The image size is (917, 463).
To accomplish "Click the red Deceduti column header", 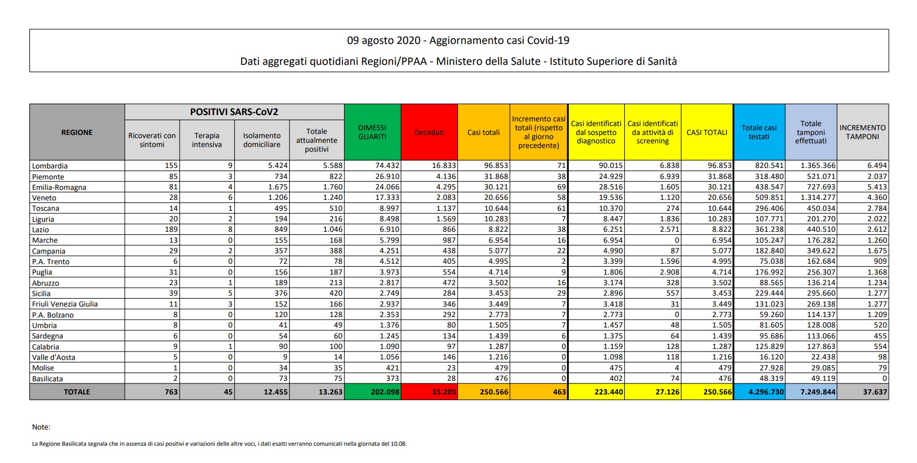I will point(429,132).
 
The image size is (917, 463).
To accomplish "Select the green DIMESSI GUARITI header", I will point(372,132).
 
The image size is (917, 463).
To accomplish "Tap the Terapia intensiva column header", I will point(207,140).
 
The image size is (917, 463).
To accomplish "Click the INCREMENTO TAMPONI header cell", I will point(863,132).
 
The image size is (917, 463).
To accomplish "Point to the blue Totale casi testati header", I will point(759,132).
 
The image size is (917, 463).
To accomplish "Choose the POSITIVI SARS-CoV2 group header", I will point(234,112).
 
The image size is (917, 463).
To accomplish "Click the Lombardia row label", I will point(50,166).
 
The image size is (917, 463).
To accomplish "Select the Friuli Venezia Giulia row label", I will point(65,304).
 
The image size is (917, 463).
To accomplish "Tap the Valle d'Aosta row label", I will point(54,357).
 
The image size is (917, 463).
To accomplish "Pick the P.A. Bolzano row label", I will point(53,315).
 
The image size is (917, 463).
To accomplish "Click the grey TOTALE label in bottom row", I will point(77,392).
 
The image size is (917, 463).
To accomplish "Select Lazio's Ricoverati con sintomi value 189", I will point(170,229).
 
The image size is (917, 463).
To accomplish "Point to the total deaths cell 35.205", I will point(444,392).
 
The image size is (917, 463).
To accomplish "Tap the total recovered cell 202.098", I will point(385,392).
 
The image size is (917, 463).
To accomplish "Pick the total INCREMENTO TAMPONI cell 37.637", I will point(875,392).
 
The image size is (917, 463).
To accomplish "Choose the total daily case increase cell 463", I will point(559,392).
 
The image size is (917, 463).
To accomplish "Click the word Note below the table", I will point(41,427).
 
